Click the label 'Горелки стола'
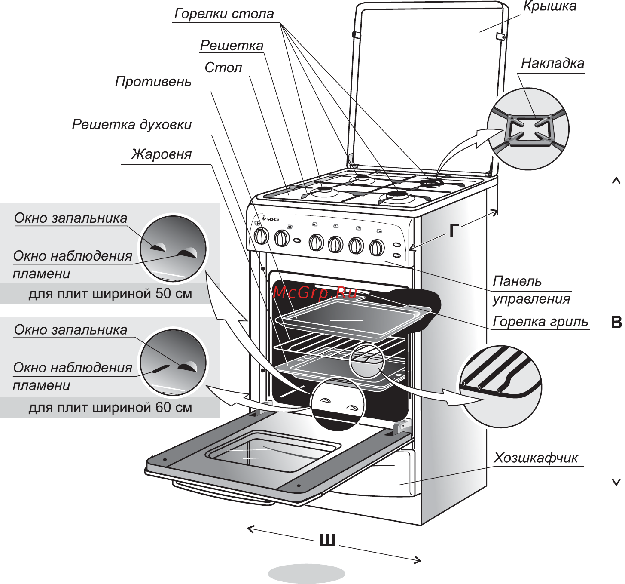click(224, 14)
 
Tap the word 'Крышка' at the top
click(549, 6)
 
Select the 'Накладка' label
click(552, 63)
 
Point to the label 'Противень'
click(153, 81)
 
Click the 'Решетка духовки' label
click(131, 124)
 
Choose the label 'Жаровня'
click(161, 154)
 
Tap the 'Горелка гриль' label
click(540, 321)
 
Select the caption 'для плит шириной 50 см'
click(110, 294)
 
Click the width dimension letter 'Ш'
click(327, 540)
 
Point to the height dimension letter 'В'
click(616, 322)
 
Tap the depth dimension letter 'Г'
click(454, 231)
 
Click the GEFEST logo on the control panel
click(271, 219)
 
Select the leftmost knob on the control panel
click(261, 236)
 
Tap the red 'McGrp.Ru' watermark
click(314, 292)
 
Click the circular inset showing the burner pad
click(528, 129)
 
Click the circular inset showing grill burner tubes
click(500, 386)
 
